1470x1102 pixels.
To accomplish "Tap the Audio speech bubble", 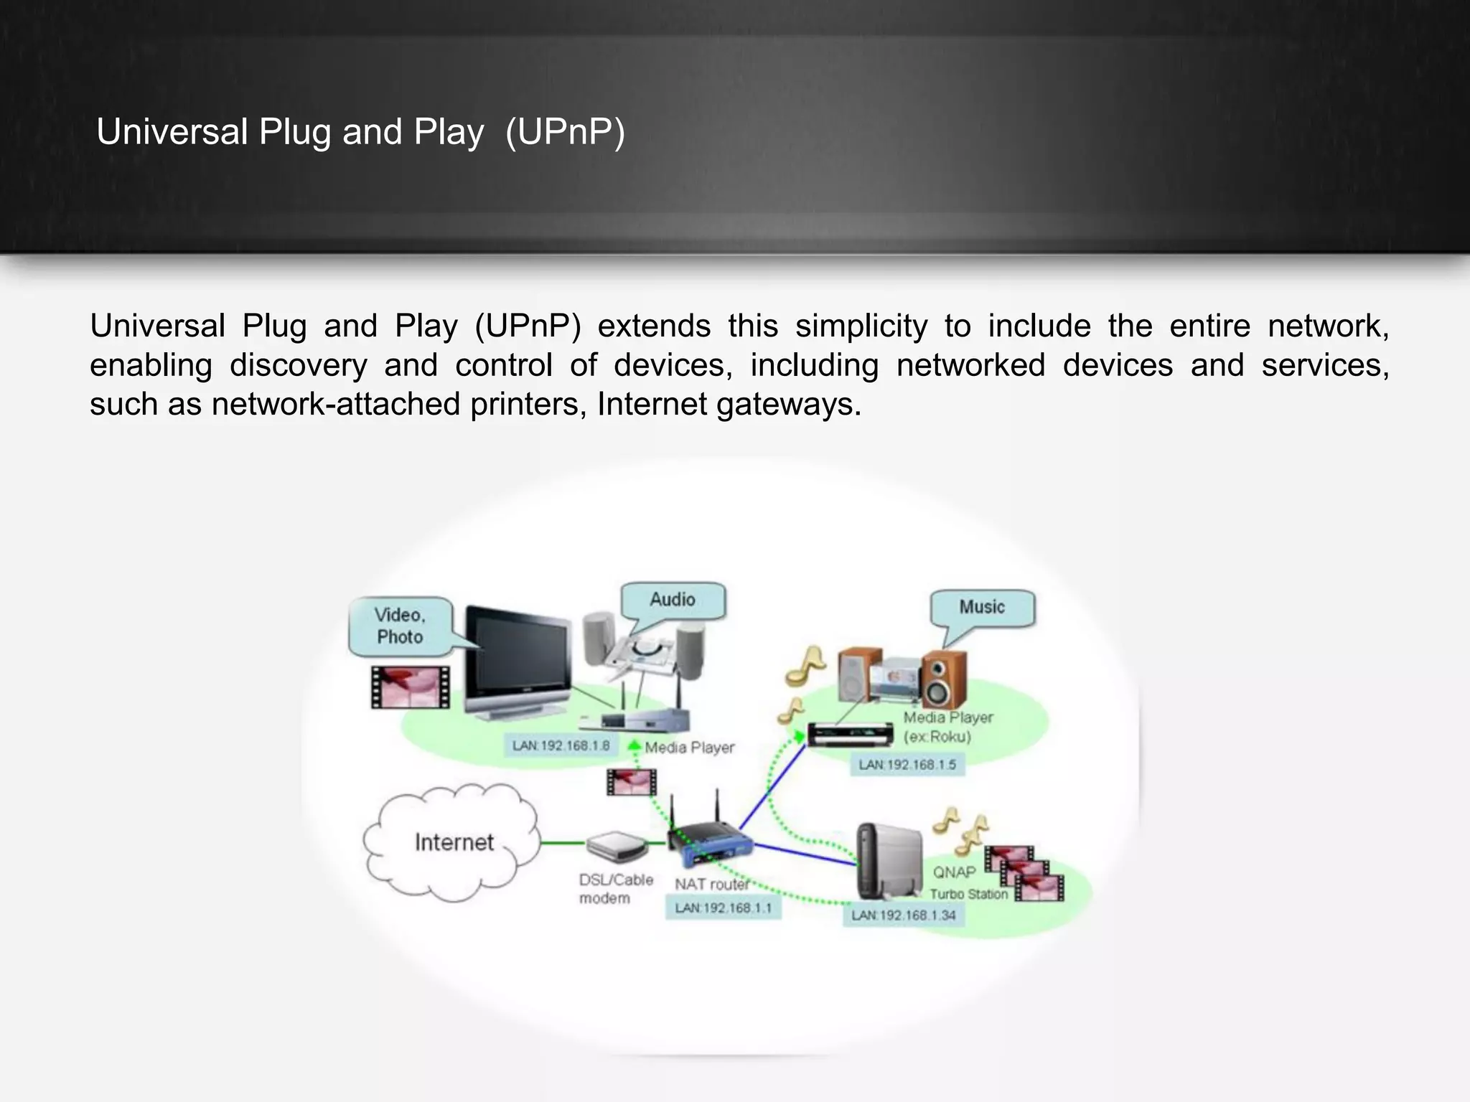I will point(673,601).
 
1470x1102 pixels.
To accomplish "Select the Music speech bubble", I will point(982,608).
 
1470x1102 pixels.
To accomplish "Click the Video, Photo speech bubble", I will point(400,626).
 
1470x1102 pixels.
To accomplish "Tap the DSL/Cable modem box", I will point(617,847).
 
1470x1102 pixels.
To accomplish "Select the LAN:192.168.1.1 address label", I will point(723,908).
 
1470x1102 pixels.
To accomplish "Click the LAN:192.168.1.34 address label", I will point(903,915).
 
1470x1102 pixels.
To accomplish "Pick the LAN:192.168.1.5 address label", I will point(907,765).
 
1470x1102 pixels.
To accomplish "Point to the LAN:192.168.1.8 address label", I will point(561,746).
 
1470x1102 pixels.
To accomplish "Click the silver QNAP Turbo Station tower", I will point(888,860).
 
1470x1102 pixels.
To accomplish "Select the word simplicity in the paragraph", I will point(861,326).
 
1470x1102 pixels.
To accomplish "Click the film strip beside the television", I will point(410,687).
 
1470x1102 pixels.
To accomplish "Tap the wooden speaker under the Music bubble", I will point(943,679).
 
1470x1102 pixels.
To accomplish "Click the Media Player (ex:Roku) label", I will point(947,727).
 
